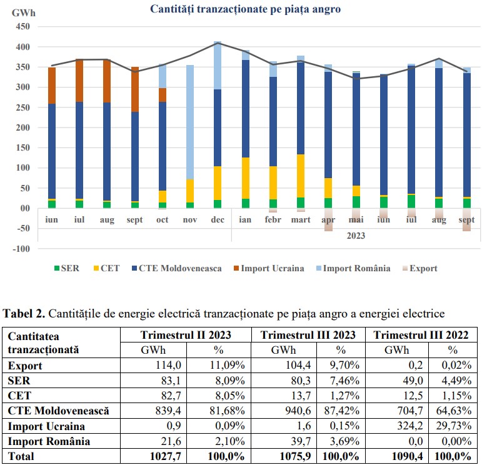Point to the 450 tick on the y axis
click(21, 27)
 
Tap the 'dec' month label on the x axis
click(217, 221)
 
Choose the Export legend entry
click(419, 269)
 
